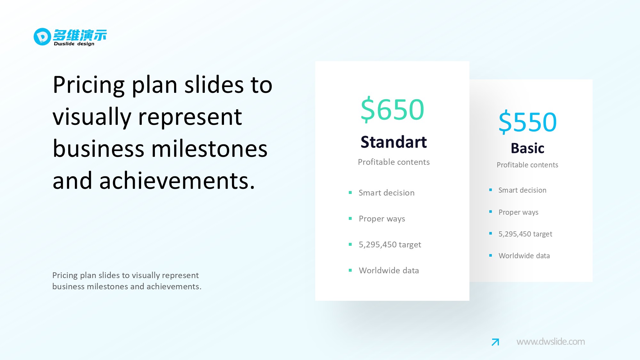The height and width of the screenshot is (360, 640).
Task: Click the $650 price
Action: click(392, 109)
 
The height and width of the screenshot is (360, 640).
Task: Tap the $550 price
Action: click(528, 122)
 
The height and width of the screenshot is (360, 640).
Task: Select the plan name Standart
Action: click(394, 142)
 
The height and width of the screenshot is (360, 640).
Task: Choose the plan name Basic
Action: click(527, 148)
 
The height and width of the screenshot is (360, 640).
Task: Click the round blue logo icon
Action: click(42, 36)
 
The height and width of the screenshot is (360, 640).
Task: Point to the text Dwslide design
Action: click(74, 44)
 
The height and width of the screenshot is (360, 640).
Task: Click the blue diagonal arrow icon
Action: click(495, 342)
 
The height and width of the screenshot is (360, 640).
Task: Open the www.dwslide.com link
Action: click(551, 342)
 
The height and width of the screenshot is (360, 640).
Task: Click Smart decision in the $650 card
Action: click(387, 193)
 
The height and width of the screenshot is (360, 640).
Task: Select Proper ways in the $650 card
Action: click(382, 219)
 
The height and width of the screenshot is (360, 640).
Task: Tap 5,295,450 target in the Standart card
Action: click(390, 245)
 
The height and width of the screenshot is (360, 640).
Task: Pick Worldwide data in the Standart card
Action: click(389, 270)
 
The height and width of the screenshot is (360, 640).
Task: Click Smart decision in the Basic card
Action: click(522, 190)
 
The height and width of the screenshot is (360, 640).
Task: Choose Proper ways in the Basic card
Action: click(518, 212)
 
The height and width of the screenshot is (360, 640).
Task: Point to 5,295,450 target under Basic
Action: click(525, 234)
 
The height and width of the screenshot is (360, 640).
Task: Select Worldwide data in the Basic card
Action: click(524, 256)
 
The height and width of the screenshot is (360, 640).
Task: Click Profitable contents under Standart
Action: click(394, 162)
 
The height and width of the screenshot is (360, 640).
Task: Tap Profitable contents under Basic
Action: click(527, 165)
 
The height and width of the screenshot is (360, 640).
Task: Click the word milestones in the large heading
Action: click(209, 149)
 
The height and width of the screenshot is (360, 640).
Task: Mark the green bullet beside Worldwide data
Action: click(350, 270)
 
